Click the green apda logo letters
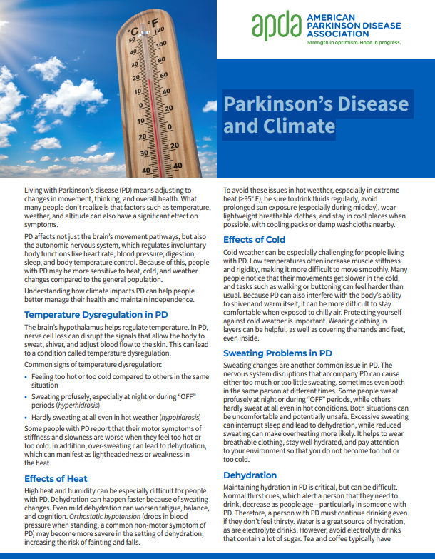coord(275,27)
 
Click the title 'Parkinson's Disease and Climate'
coord(316,115)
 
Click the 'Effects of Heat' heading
coord(56,478)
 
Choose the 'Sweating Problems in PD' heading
coord(277,353)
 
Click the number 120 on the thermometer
coord(159,31)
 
